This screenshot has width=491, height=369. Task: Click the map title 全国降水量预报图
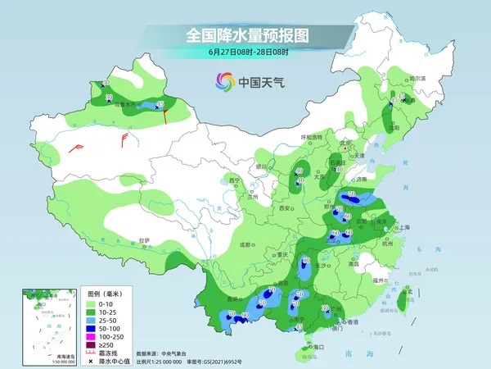238,36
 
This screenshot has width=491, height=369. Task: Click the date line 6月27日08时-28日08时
236,52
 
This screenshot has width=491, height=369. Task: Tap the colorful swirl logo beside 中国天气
224,81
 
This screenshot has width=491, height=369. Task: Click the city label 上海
402,227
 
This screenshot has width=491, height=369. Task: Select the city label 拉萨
145,240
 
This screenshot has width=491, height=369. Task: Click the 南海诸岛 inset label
63,355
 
